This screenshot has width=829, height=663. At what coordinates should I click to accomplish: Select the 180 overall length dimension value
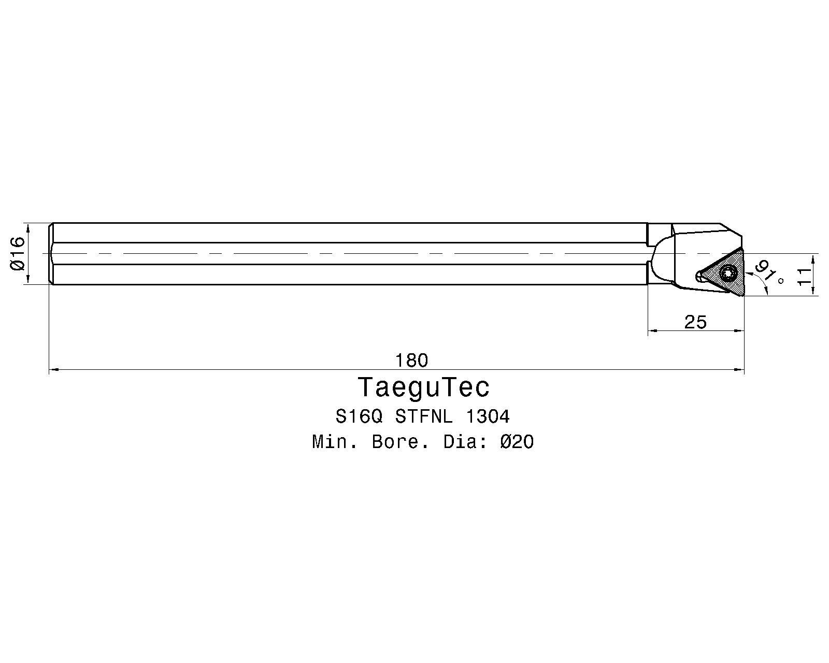click(411, 361)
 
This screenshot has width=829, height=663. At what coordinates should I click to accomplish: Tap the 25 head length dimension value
click(695, 322)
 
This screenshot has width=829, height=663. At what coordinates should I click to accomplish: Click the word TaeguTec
click(424, 387)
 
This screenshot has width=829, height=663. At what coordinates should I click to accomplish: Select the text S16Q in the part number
click(359, 417)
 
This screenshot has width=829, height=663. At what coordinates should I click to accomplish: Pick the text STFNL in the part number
click(424, 417)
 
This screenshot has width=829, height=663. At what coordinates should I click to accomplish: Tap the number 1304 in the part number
click(488, 417)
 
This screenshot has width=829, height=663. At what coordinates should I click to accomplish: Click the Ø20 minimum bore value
click(517, 442)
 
